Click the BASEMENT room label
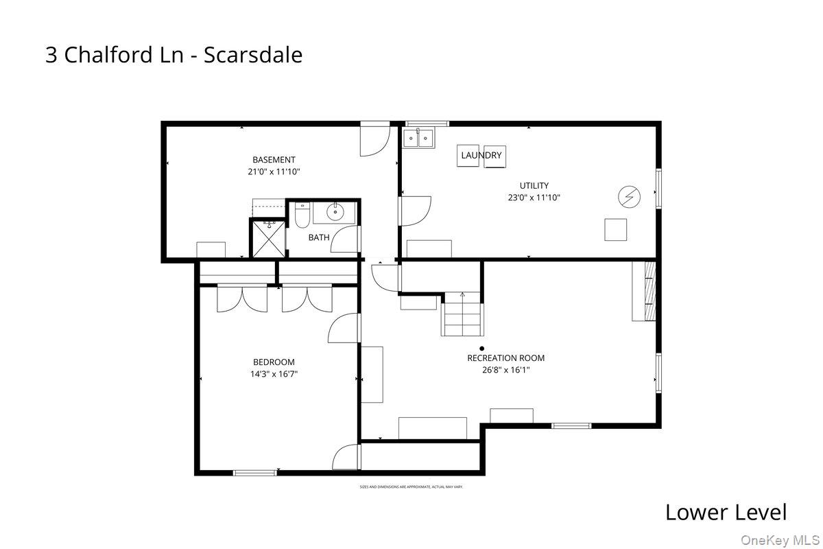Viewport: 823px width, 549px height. click(274, 160)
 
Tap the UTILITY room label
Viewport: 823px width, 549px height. click(534, 185)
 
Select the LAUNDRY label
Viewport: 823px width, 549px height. click(481, 156)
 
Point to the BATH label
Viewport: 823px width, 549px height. click(318, 237)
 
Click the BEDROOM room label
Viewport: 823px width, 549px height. click(274, 362)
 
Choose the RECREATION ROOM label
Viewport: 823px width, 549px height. click(506, 358)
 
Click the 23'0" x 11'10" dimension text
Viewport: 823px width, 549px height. click(534, 198)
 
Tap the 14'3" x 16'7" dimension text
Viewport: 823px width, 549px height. click(274, 375)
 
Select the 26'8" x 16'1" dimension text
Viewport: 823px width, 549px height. click(506, 370)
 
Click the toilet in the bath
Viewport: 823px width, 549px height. click(302, 215)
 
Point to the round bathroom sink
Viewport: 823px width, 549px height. click(335, 212)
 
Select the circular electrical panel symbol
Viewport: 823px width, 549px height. click(629, 198)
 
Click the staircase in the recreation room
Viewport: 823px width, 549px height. click(463, 314)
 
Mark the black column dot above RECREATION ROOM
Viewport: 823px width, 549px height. click(482, 348)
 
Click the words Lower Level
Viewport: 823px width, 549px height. click(726, 512)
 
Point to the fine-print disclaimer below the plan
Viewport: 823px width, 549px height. click(411, 487)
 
